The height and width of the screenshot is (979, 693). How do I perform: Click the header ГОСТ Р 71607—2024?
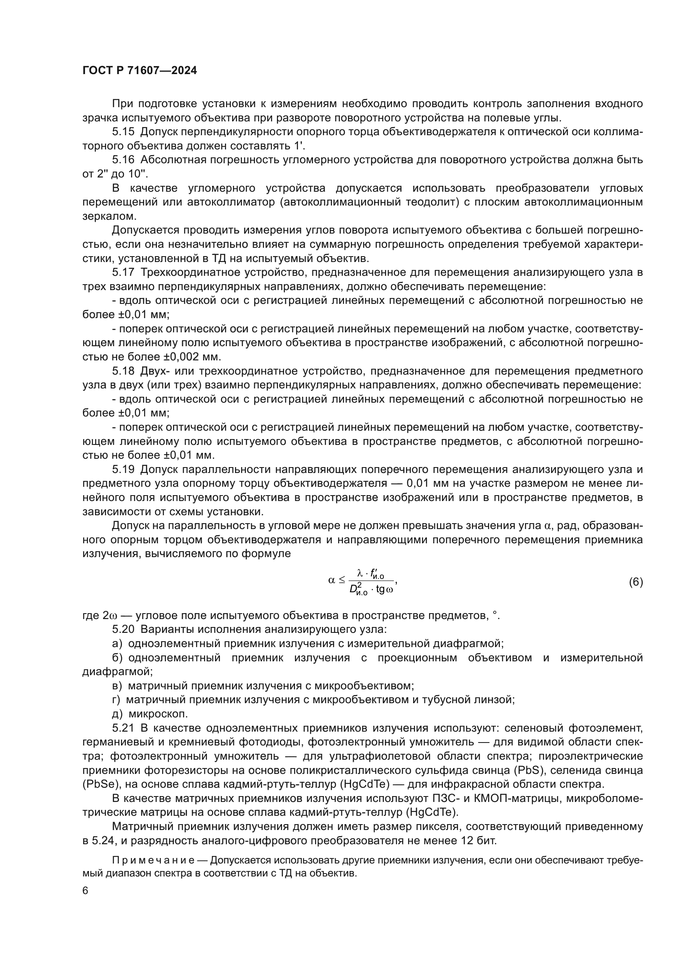[140, 71]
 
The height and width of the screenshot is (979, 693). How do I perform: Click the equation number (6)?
[636, 582]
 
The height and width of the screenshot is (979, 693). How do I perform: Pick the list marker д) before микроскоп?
[117, 714]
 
